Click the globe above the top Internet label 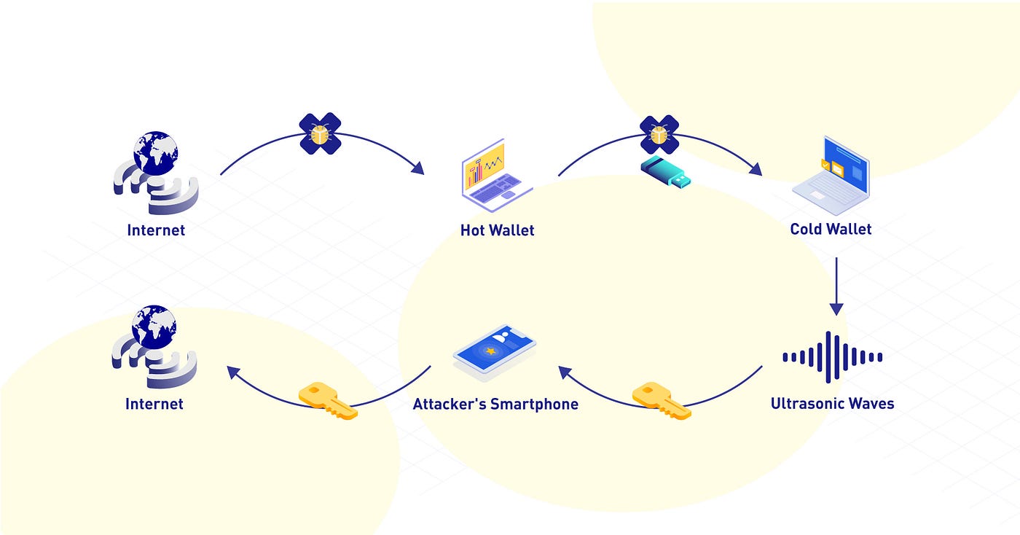(155, 154)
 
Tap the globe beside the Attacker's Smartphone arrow (154, 327)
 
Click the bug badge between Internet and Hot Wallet (321, 133)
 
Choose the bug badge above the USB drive (659, 134)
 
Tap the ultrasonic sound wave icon (832, 357)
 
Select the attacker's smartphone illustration (494, 353)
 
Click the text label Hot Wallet (497, 230)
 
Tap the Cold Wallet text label (831, 229)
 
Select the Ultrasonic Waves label (832, 403)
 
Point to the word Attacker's (450, 404)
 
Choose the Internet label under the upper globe (156, 230)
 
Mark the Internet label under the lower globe (154, 404)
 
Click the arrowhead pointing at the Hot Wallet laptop (417, 168)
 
